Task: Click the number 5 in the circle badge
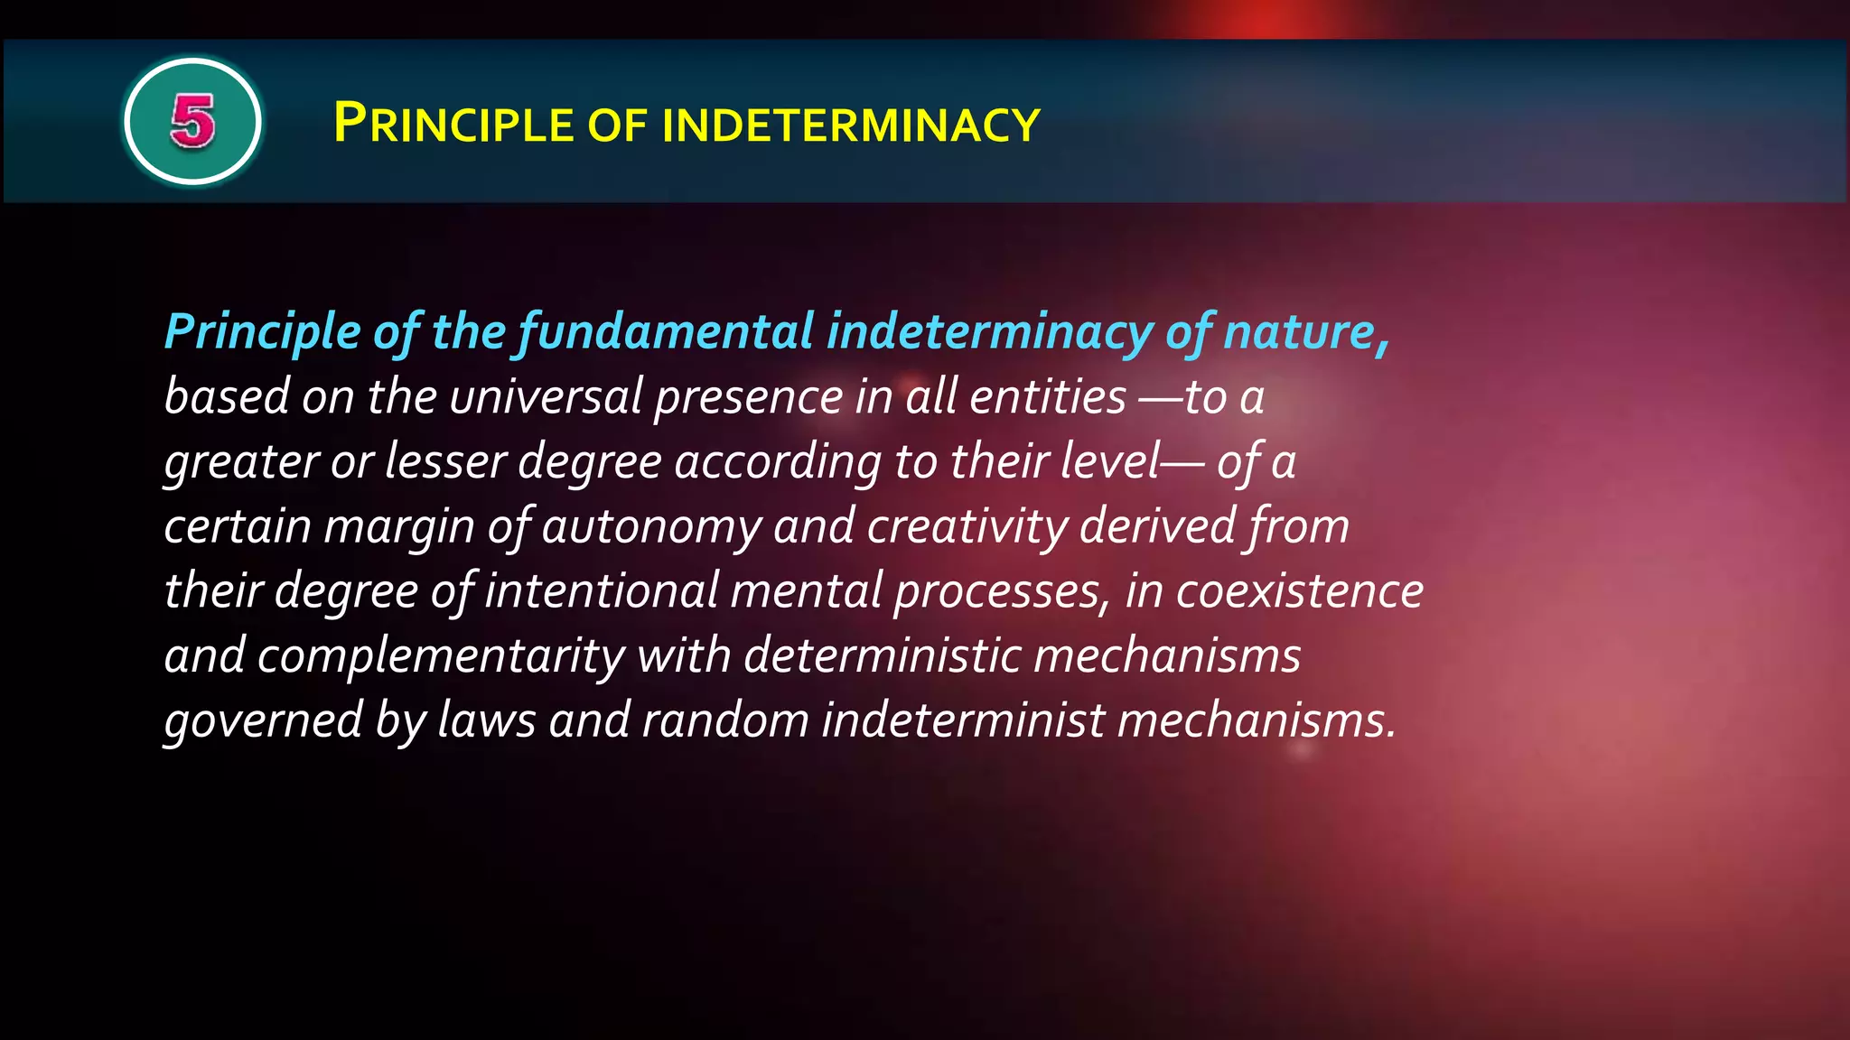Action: [x=192, y=121]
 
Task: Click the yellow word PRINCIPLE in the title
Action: [x=453, y=124]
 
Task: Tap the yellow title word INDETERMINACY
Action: [x=851, y=125]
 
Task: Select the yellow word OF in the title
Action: [x=617, y=125]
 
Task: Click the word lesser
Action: [x=445, y=461]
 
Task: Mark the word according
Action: [x=778, y=462]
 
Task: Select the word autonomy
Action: [x=650, y=526]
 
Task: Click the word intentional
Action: [x=601, y=591]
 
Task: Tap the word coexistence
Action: [x=1299, y=591]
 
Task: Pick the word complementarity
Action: [x=441, y=656]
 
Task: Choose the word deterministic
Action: [x=883, y=655]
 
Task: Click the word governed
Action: [x=263, y=721]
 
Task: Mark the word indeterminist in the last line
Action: [x=963, y=720]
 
